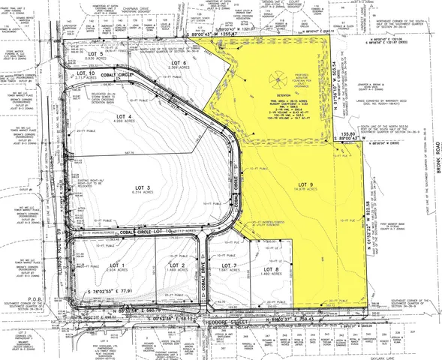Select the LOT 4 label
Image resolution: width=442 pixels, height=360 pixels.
(x=125, y=115)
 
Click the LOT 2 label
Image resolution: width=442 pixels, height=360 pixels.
(x=178, y=265)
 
